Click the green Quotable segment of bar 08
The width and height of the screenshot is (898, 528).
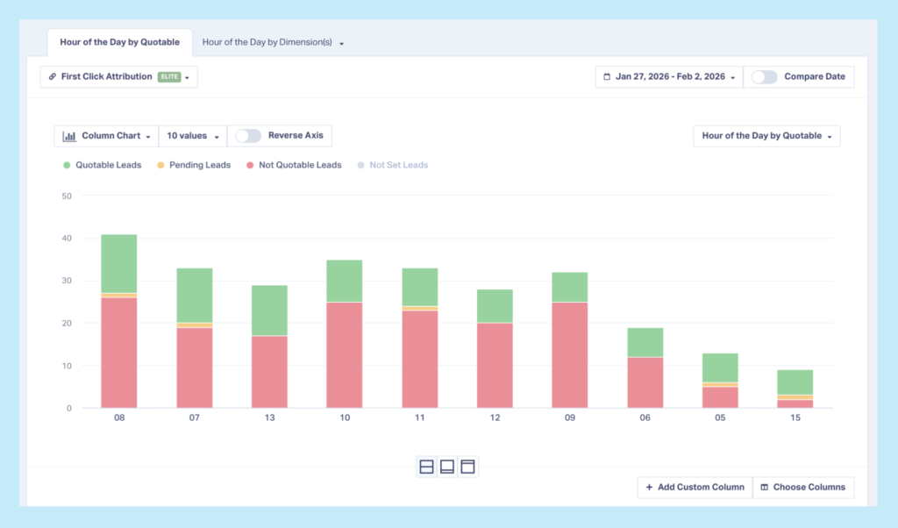click(x=118, y=263)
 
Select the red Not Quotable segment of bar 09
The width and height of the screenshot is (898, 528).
click(x=569, y=354)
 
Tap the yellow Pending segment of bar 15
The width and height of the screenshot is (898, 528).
click(x=795, y=397)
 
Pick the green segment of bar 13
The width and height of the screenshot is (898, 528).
click(x=269, y=310)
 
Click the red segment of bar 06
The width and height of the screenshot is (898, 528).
click(x=645, y=382)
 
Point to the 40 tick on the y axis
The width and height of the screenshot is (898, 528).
click(x=67, y=239)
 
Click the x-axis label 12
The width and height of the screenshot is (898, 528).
click(x=495, y=418)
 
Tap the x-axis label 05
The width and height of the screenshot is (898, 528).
click(x=720, y=418)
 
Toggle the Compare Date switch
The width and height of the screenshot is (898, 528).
click(x=764, y=76)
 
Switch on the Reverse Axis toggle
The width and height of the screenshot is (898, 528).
click(x=248, y=136)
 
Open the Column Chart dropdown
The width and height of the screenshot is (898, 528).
click(x=106, y=136)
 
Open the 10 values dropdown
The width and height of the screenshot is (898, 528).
click(x=192, y=136)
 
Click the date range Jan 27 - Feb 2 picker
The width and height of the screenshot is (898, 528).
click(x=669, y=76)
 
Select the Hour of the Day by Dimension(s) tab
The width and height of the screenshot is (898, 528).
click(x=272, y=42)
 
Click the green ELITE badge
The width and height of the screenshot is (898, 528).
click(x=168, y=77)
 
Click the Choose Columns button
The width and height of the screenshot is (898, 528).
click(x=802, y=487)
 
